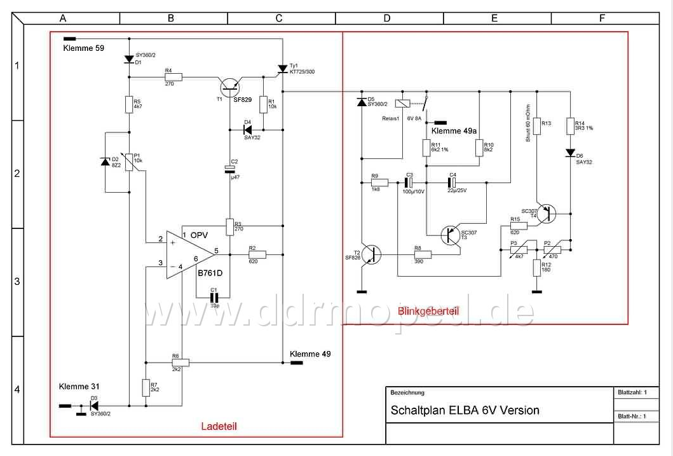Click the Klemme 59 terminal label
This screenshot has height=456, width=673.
click(x=83, y=48)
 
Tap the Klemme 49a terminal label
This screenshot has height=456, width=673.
click(x=454, y=130)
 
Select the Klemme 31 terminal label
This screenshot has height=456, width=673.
click(x=79, y=386)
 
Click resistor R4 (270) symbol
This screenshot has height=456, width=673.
click(x=173, y=77)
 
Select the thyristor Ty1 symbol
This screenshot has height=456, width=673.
click(x=283, y=69)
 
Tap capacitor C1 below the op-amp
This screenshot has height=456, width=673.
click(x=214, y=297)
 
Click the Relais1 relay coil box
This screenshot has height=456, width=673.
click(x=402, y=103)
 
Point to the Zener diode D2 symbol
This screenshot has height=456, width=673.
click(x=105, y=162)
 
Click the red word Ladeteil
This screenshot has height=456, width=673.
click(x=219, y=426)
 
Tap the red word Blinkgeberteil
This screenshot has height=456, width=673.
click(x=428, y=311)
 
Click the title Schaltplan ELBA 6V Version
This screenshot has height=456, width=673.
click(x=465, y=410)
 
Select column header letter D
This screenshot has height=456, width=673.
click(x=387, y=18)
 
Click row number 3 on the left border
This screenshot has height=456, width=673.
click(x=18, y=281)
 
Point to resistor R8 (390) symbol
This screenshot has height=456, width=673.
click(x=423, y=255)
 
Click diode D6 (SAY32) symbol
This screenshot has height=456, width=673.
click(x=571, y=154)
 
